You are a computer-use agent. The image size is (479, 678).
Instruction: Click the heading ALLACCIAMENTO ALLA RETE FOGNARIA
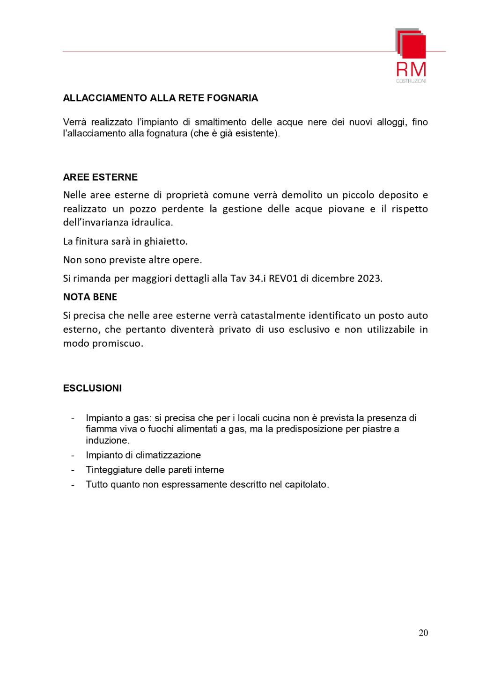pos(160,98)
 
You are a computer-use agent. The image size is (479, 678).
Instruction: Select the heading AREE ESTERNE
pos(100,177)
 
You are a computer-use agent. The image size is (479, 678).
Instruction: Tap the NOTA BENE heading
pos(90,297)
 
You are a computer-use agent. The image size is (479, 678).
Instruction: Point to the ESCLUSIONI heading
pos(92,388)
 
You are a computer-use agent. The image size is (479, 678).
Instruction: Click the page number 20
pos(423,633)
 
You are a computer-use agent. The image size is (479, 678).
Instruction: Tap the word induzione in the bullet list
pos(107,440)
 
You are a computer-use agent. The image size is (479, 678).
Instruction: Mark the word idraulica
pos(151,222)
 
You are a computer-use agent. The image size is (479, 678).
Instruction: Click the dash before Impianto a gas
pos(73,418)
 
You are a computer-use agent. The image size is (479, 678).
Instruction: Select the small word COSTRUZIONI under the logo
pos(411,81)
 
